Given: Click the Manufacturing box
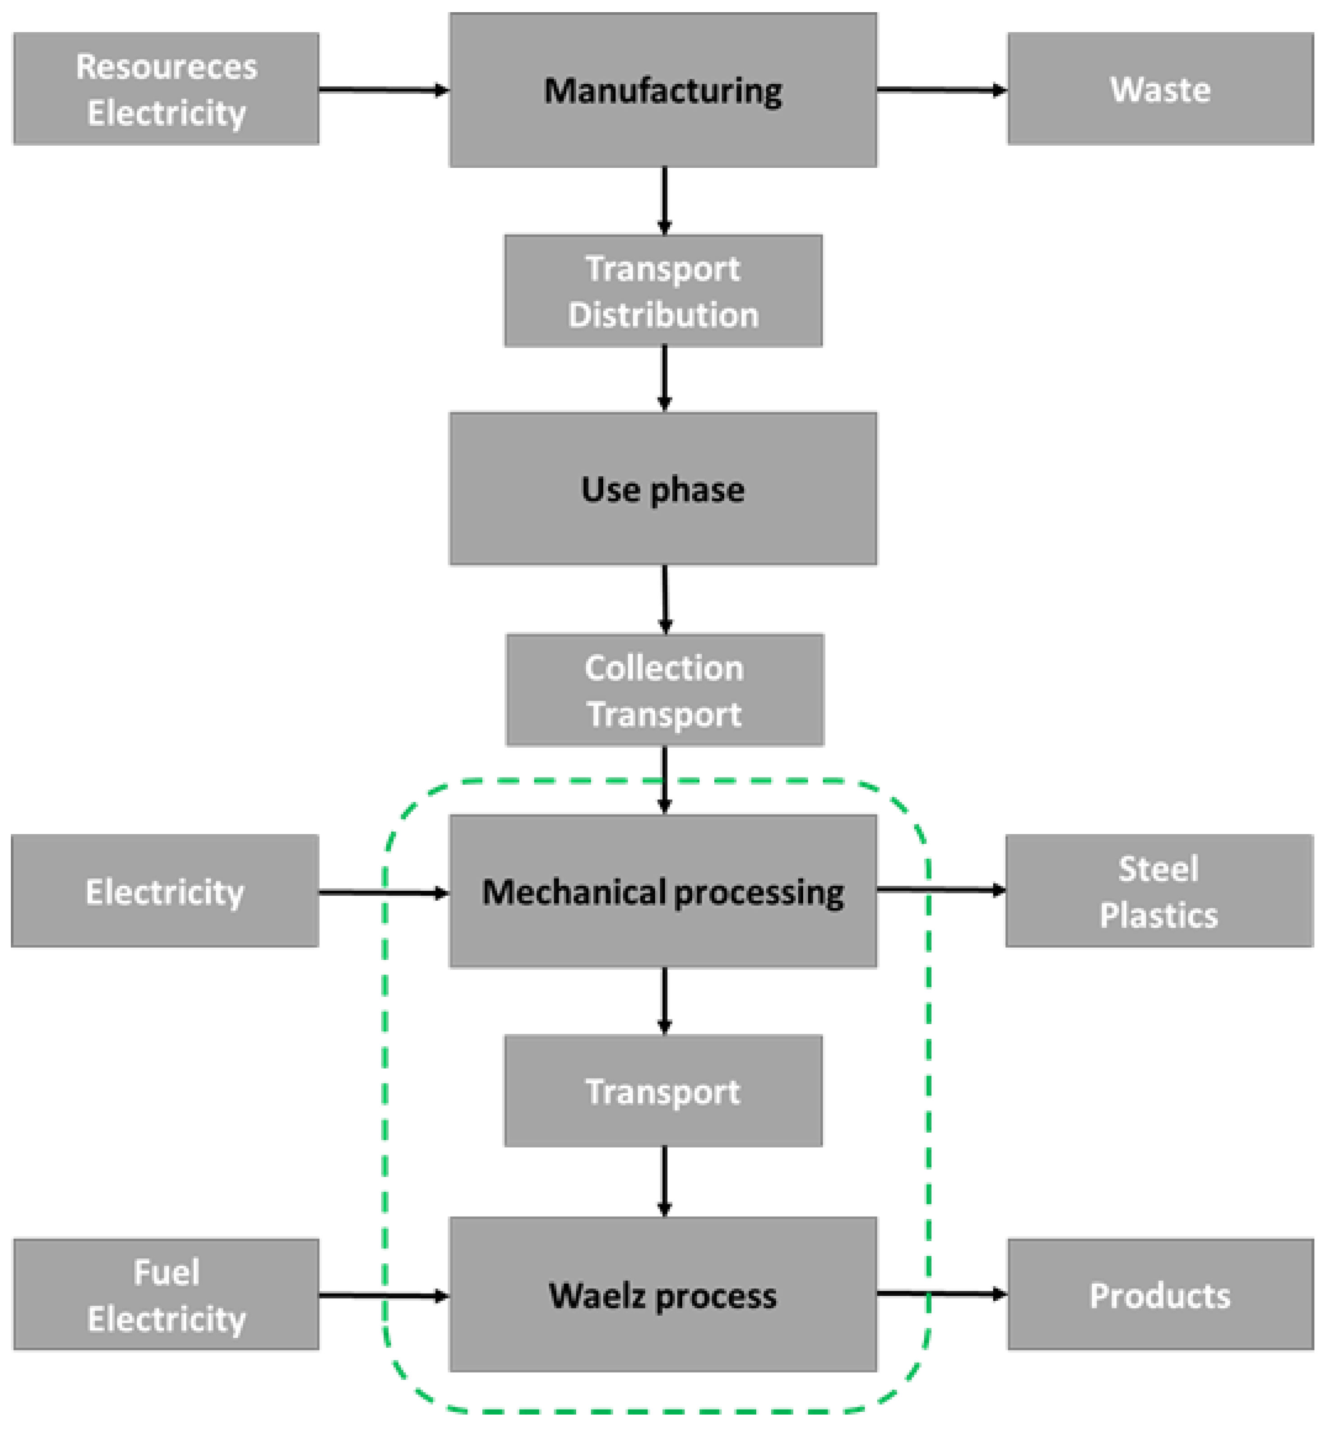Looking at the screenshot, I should click(662, 91).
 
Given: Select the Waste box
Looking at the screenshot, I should click(1160, 89).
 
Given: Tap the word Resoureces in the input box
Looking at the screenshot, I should click(166, 67).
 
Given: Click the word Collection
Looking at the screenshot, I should click(663, 668).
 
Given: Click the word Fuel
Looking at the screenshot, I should click(166, 1272).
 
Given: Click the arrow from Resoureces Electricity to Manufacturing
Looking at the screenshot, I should click(383, 90).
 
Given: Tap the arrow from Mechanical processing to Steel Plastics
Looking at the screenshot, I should click(940, 890).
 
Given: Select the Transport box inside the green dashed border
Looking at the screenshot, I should click(662, 1091).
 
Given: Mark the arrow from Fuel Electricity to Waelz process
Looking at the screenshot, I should click(383, 1295).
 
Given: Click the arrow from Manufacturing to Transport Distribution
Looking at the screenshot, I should click(663, 200).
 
